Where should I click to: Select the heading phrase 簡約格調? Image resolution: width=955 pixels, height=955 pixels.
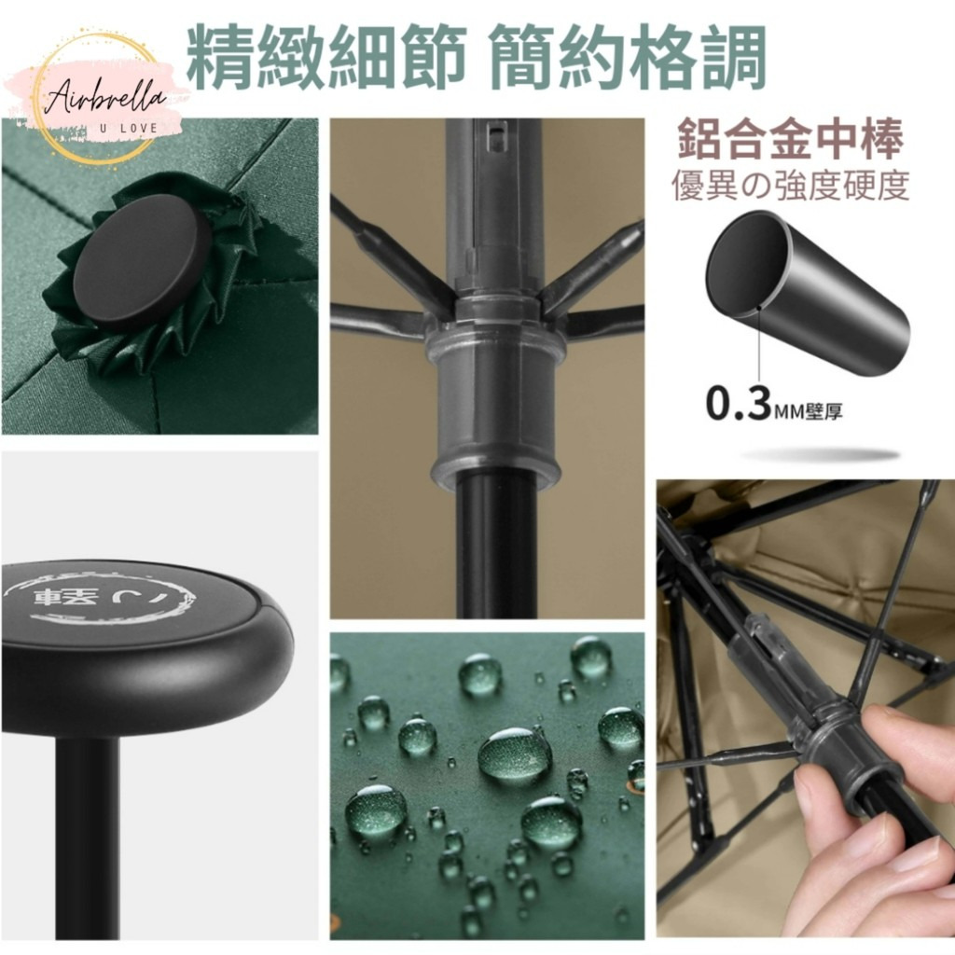628,57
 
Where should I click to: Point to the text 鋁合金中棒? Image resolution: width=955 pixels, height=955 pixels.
791,139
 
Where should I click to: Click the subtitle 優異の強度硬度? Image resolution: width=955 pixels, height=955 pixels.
791,186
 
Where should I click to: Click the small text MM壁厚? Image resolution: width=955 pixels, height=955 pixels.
809,412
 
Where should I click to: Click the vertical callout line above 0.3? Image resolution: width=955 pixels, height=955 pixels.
759,347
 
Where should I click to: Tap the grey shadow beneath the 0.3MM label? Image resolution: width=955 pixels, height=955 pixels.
820,455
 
